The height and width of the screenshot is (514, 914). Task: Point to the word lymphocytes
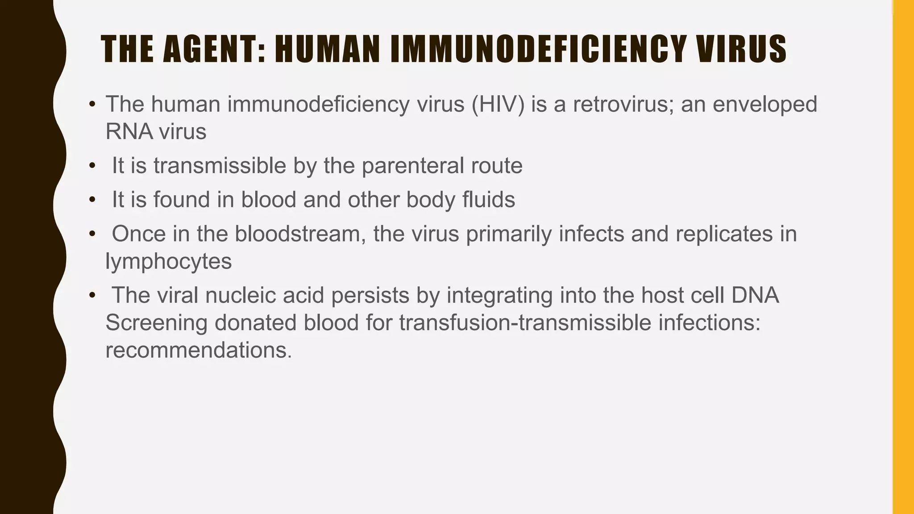pos(169,262)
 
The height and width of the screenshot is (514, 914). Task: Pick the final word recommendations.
pos(199,350)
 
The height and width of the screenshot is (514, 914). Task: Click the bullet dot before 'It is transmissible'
pos(92,166)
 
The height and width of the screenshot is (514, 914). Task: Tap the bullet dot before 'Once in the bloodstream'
pos(92,234)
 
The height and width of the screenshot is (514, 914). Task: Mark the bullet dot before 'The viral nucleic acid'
pos(92,295)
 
